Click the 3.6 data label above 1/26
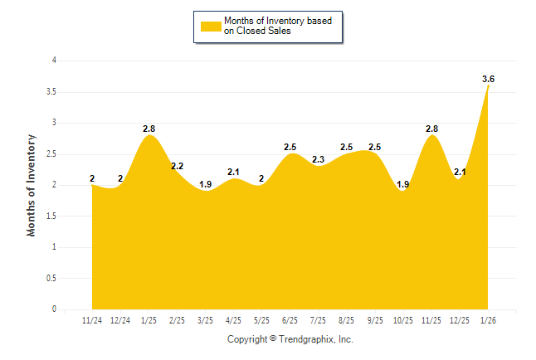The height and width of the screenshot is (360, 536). [488, 79]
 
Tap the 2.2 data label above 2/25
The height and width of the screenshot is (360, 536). [178, 166]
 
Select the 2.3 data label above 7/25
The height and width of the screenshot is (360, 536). [318, 160]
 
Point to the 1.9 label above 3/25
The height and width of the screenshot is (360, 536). [206, 185]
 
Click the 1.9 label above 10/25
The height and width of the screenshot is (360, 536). [403, 185]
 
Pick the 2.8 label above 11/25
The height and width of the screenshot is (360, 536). [431, 129]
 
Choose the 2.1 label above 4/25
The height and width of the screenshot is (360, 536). [234, 173]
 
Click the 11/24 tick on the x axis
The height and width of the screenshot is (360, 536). [92, 319]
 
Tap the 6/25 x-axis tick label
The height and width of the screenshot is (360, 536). [290, 319]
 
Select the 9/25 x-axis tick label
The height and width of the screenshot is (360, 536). [374, 319]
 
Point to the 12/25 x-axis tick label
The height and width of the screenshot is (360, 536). [459, 319]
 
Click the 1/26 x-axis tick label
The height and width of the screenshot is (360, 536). [488, 319]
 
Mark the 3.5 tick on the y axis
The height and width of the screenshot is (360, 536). [51, 91]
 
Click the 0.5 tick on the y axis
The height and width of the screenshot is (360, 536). [51, 278]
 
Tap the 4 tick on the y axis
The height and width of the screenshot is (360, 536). [54, 61]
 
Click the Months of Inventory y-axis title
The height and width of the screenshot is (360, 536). [32, 184]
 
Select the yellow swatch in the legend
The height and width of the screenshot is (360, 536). [211, 27]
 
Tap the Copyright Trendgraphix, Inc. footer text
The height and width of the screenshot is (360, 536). [290, 339]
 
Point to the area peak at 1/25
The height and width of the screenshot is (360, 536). [149, 136]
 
